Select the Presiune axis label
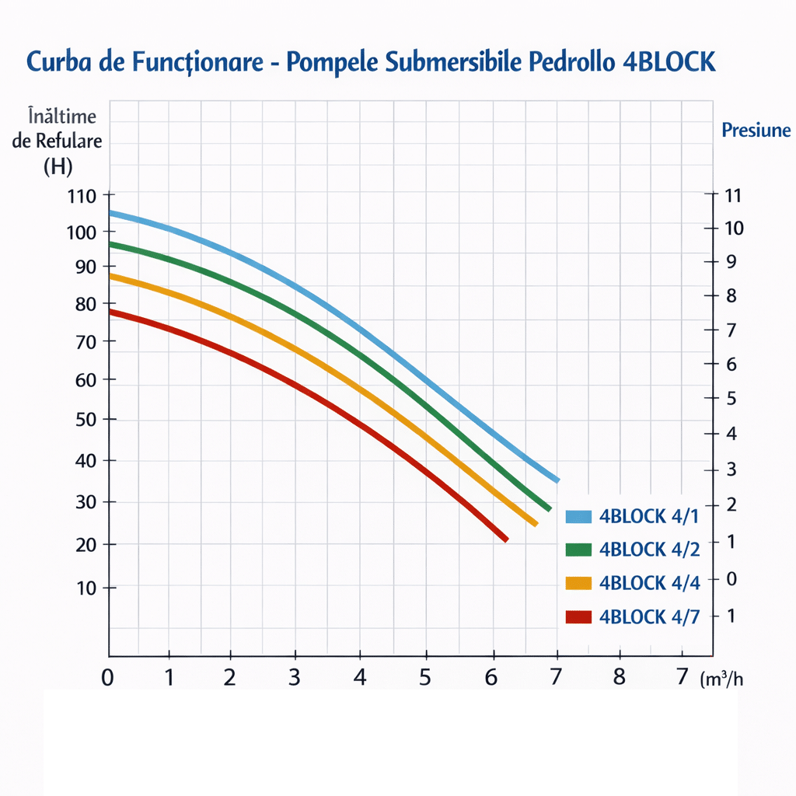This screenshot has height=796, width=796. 756,130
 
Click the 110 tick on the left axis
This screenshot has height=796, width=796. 81,196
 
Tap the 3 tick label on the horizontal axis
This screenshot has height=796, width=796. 295,677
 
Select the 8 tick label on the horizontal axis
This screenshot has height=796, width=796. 619,677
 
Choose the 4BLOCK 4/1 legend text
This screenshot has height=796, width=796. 649,516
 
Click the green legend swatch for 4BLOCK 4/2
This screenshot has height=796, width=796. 579,550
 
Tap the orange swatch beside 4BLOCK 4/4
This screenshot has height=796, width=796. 579,583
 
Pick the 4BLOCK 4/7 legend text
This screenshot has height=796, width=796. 649,617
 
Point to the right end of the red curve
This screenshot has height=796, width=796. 506,539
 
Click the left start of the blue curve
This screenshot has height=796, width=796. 110,212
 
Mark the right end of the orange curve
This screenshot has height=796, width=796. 536,524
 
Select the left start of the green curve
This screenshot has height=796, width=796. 110,244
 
